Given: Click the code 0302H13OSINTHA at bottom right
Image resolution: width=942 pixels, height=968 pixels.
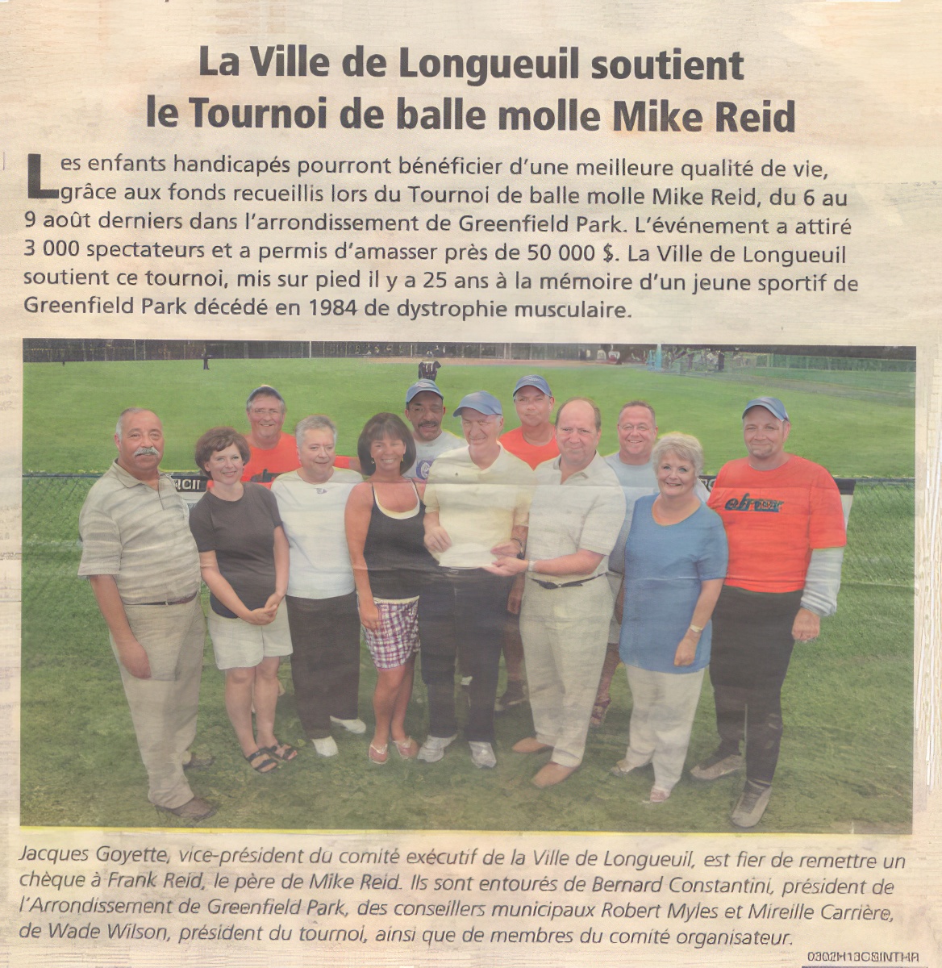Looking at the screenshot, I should click(863, 957).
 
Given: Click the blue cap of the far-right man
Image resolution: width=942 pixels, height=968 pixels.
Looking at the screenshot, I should click(765, 407).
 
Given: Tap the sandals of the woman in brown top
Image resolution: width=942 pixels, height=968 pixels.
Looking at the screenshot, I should click(270, 757).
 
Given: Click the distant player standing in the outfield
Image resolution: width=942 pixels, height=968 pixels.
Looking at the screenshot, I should click(429, 369).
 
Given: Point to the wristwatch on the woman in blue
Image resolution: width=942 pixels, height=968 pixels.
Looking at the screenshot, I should click(695, 628).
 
